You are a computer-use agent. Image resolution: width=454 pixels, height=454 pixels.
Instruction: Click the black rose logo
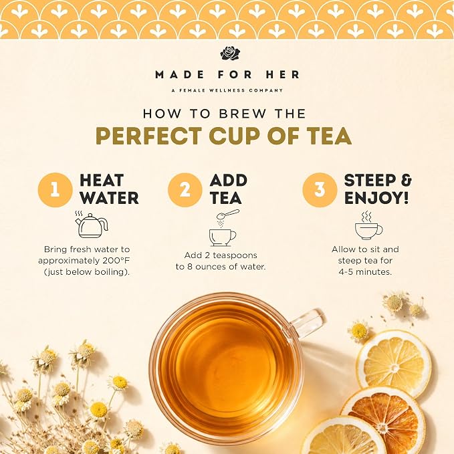[230, 53]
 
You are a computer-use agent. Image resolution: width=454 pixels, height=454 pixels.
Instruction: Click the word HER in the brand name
[283, 75]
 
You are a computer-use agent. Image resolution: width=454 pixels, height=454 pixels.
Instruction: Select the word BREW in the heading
[242, 114]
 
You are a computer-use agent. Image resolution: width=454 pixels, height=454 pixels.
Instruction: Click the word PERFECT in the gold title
[149, 136]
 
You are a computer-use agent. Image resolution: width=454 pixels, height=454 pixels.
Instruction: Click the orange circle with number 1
[55, 190]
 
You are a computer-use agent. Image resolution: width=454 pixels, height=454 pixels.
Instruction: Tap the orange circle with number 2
[185, 190]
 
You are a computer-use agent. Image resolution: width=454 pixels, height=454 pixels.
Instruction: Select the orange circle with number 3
[320, 190]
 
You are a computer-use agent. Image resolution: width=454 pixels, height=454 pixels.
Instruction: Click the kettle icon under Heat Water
[91, 225]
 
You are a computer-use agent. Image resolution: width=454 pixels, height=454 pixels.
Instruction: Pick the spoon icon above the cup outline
[228, 214]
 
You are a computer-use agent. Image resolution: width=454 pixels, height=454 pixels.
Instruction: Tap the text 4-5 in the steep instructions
[346, 272]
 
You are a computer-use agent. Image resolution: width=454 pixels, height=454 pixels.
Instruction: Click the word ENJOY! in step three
[376, 198]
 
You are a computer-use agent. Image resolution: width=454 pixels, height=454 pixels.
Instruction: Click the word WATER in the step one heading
[109, 198]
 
